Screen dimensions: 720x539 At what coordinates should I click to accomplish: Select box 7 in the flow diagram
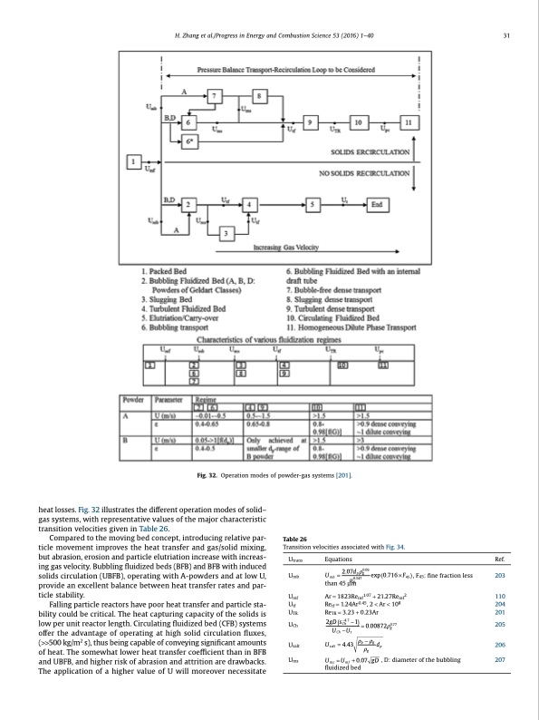(215, 97)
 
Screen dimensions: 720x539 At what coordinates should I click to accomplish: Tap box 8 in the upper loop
(260, 97)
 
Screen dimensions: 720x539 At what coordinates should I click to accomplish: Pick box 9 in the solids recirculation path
(312, 122)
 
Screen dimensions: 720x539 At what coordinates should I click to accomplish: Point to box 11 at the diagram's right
(409, 122)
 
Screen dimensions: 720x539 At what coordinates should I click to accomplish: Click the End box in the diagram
(374, 205)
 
